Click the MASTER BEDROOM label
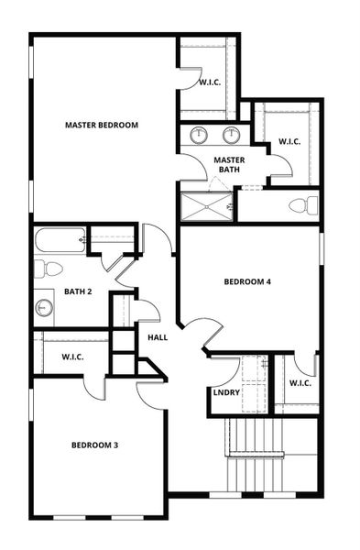tap(101, 125)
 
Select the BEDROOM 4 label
tap(246, 281)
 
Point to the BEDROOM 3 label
tap(94, 445)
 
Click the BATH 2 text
tap(78, 292)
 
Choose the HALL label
tap(157, 336)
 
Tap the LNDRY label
tap(225, 392)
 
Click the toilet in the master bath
tap(303, 204)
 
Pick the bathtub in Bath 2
tap(60, 241)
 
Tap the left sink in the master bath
tap(199, 136)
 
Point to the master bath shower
tap(207, 206)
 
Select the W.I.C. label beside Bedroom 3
tap(72, 357)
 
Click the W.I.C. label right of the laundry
tap(299, 382)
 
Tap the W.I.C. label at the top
tap(210, 82)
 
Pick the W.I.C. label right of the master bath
tap(289, 141)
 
